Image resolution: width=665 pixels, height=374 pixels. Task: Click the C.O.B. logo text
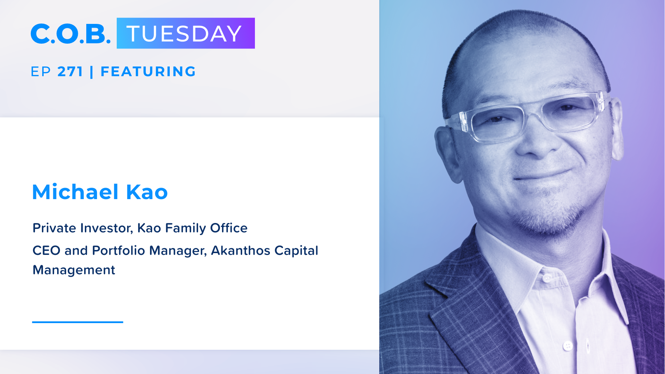(x=71, y=34)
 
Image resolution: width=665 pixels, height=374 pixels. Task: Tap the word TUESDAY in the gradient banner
(x=184, y=34)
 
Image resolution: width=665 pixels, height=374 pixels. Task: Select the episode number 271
(x=70, y=72)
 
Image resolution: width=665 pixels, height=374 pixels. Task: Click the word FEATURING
(x=148, y=72)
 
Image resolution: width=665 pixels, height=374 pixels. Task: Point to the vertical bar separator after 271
(x=91, y=72)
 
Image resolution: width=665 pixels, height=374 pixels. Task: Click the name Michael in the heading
(x=75, y=192)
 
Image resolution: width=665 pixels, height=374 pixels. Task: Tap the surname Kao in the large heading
(x=147, y=192)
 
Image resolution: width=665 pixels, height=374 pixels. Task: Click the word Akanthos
(x=241, y=250)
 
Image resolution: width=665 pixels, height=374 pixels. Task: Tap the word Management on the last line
(x=74, y=270)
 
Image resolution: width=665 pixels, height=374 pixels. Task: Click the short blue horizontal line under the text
(x=78, y=322)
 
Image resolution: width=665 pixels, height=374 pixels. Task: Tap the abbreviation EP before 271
(x=41, y=72)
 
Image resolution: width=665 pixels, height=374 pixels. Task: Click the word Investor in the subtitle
(x=107, y=228)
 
